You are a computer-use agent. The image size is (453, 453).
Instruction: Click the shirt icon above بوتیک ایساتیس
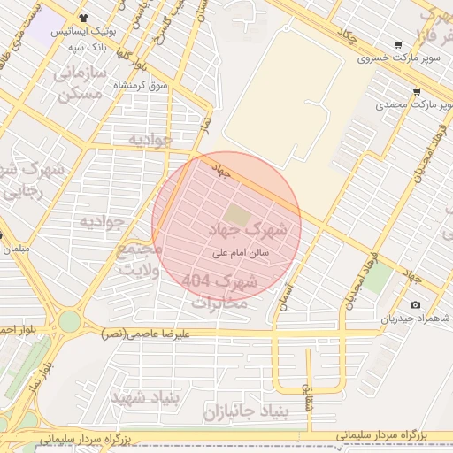coord(83,17)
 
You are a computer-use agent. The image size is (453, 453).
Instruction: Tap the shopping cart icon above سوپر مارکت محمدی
coord(416,91)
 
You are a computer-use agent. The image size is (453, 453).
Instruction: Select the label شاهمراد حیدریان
coord(416,319)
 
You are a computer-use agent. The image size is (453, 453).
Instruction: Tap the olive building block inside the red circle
coord(236,214)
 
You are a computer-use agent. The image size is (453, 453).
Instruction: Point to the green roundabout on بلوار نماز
coord(69,321)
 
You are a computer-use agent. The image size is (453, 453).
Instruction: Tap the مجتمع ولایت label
coord(140,260)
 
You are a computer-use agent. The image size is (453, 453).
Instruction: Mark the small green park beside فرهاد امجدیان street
coord(378,280)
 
